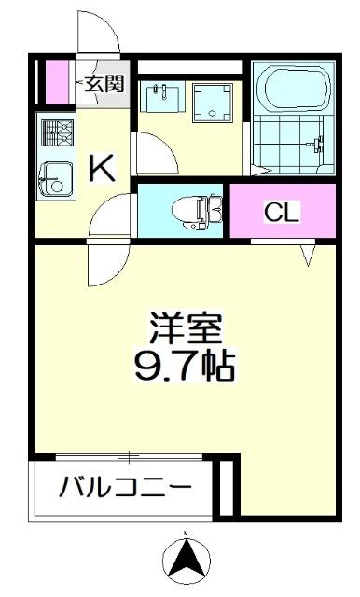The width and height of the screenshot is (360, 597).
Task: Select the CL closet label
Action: pyautogui.click(x=282, y=212)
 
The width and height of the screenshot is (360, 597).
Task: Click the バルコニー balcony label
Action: pyautogui.click(x=125, y=487)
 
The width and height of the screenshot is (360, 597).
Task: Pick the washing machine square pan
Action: pyautogui.click(x=215, y=104)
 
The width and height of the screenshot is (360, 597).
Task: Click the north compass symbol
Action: pyautogui.click(x=185, y=560)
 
